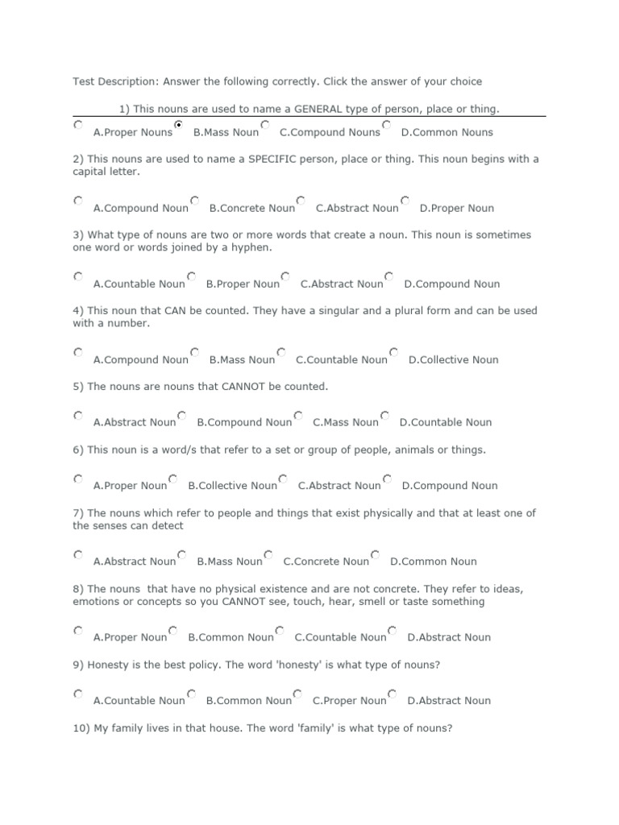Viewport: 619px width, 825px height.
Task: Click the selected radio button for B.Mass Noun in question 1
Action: coord(178,125)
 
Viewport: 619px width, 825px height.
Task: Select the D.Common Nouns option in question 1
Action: coord(387,125)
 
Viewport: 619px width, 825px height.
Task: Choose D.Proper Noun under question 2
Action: coord(405,201)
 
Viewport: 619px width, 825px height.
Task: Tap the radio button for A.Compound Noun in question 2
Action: coord(78,201)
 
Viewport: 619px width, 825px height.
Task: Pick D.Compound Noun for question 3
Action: coord(389,276)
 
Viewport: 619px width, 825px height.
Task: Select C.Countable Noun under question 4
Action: coord(281,352)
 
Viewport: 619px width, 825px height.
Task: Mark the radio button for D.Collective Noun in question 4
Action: coord(393,352)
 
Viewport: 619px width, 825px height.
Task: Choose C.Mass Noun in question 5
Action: coord(298,416)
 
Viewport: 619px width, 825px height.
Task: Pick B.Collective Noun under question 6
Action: coord(172,479)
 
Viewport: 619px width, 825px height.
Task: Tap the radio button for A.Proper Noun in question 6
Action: coord(78,479)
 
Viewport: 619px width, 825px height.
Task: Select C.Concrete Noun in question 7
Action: coord(268,554)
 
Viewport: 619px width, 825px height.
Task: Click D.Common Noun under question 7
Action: coord(376,554)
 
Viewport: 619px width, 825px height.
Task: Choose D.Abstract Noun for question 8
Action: coord(393,630)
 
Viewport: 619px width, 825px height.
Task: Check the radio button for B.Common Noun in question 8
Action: coord(173,630)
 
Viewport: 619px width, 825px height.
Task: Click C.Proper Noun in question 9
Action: coord(297,694)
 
